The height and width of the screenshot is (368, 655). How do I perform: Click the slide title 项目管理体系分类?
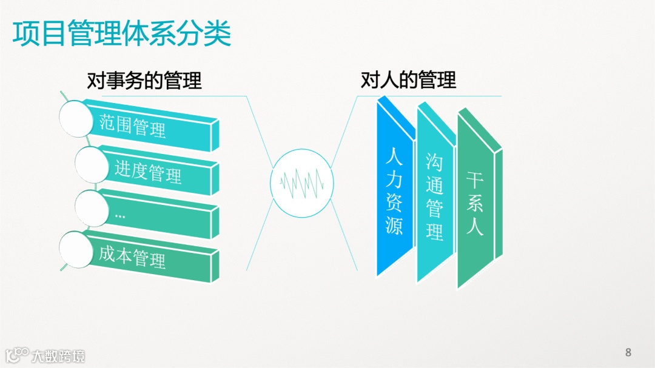click(x=122, y=34)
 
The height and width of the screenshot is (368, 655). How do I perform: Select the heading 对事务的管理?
click(x=144, y=81)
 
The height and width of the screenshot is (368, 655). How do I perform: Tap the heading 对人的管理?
click(x=408, y=80)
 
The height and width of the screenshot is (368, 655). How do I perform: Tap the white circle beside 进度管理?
click(x=93, y=164)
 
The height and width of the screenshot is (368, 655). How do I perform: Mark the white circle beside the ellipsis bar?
click(x=93, y=207)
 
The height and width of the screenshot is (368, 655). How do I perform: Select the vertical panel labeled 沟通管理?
click(x=434, y=197)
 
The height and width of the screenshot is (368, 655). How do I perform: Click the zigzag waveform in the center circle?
click(x=301, y=182)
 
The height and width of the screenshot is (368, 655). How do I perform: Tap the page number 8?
click(x=628, y=352)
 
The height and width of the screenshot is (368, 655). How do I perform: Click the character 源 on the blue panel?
click(x=394, y=226)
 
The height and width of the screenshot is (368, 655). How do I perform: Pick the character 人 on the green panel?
click(x=475, y=227)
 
